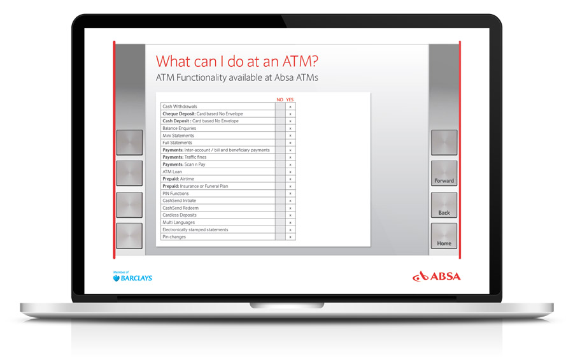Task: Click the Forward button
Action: [x=444, y=173]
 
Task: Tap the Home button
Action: [x=444, y=236]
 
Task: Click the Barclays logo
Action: [x=132, y=277]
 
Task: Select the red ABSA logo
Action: [x=436, y=277]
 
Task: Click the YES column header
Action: [x=290, y=99]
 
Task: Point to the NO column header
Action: [x=280, y=99]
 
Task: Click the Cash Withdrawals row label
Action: [x=180, y=106]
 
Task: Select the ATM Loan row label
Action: [x=172, y=171]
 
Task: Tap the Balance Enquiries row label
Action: [x=179, y=129]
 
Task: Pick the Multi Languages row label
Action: [x=179, y=222]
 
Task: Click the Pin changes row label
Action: [x=174, y=237]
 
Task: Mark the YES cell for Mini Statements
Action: [x=290, y=135]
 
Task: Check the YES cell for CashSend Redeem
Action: [x=290, y=208]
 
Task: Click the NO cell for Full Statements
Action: [x=280, y=143]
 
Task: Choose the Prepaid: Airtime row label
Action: [x=178, y=179]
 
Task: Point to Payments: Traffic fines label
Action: [x=185, y=157]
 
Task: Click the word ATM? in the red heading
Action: [x=300, y=61]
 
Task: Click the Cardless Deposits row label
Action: [x=180, y=215]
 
